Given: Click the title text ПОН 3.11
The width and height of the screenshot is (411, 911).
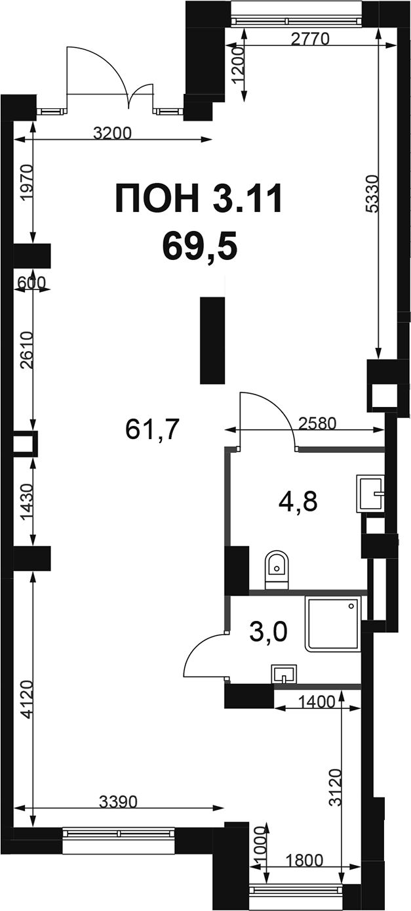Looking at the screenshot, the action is (x=199, y=199).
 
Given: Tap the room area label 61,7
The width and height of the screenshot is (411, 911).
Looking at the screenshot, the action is (x=152, y=429).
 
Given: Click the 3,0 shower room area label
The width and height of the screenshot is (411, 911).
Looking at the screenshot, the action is (x=269, y=631).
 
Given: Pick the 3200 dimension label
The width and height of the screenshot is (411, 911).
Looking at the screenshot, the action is (x=113, y=133).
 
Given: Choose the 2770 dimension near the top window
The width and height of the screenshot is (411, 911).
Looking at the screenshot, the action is (x=309, y=39).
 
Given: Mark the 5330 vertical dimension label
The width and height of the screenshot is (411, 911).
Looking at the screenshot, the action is (x=372, y=193).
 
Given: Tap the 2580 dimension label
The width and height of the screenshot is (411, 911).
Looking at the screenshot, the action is (x=317, y=424).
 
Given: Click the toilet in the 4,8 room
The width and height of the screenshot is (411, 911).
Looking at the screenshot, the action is (x=277, y=570).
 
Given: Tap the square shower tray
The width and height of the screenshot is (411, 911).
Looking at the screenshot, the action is (x=332, y=624).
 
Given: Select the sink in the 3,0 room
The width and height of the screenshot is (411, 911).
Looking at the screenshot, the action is (x=284, y=674).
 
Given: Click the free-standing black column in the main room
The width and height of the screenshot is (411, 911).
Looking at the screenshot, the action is (x=212, y=341).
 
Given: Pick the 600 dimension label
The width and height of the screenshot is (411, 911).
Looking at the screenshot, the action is (x=32, y=282).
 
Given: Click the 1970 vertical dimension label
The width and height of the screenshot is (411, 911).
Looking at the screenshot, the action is (x=26, y=182).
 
